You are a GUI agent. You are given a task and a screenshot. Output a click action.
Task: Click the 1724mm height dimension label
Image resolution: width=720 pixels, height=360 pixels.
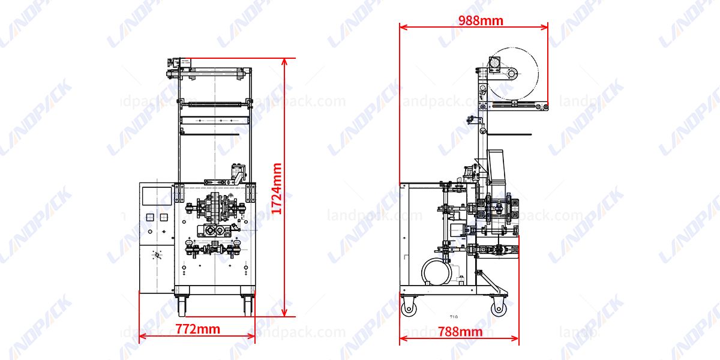coord(277,188)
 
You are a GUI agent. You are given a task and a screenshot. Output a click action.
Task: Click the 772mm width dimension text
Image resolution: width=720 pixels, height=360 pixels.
coord(197,329)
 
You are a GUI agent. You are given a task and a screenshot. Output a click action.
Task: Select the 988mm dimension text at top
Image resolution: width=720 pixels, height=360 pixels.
coord(481,21)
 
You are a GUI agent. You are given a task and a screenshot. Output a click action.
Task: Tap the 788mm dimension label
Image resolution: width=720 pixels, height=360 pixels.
coord(460,331)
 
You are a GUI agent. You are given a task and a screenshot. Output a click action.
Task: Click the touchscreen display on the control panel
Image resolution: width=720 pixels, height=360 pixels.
coord(156,197)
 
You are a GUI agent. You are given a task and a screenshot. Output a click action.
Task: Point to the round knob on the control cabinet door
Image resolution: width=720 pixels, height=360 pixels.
coord(158,255)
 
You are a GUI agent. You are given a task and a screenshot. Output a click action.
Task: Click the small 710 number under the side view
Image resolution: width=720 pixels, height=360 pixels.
coord(454,316)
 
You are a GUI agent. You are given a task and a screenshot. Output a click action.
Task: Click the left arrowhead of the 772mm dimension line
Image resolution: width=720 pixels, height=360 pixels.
coord(142,338)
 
